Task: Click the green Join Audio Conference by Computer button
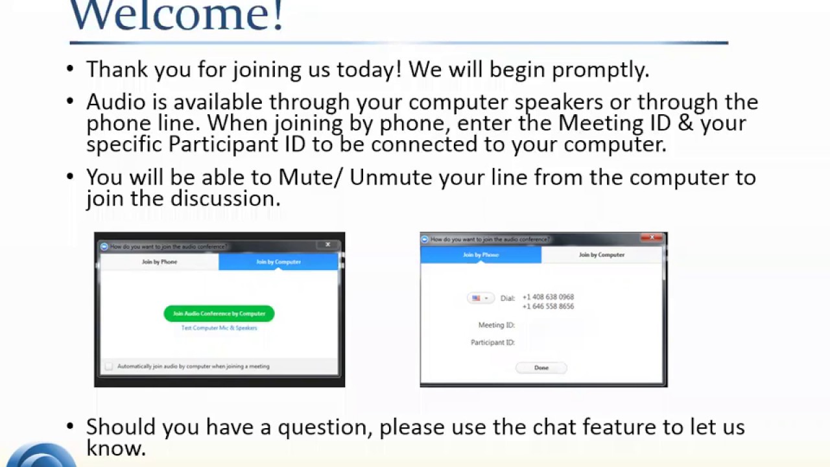click(219, 314)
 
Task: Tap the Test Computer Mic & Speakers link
click(219, 328)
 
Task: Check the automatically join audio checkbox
click(109, 366)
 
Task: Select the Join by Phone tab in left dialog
click(160, 262)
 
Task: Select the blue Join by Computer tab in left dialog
click(278, 262)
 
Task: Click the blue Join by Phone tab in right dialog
click(480, 255)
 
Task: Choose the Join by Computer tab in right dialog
click(602, 255)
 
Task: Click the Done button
click(541, 368)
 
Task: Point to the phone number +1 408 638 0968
click(548, 297)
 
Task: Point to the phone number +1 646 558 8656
click(548, 307)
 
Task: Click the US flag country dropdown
click(480, 298)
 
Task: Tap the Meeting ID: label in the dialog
click(496, 325)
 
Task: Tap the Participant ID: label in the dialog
click(493, 342)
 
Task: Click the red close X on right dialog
click(652, 238)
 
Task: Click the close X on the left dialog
click(328, 245)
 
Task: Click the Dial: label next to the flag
click(508, 298)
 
